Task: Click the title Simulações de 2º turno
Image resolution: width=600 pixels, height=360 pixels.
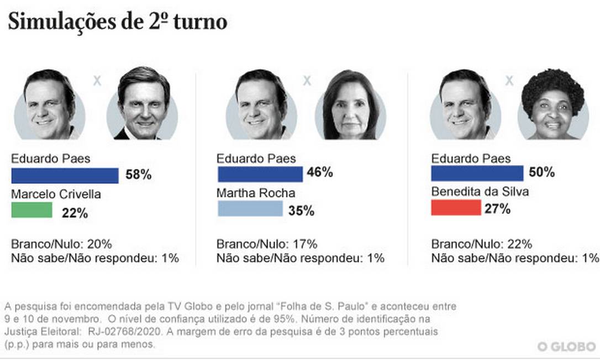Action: pyautogui.click(x=117, y=22)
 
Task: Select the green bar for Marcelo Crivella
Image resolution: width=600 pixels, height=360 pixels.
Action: pyautogui.click(x=31, y=210)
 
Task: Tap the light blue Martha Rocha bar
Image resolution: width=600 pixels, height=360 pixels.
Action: pyautogui.click(x=250, y=208)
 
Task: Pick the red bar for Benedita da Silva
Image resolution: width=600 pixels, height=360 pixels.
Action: pyautogui.click(x=456, y=208)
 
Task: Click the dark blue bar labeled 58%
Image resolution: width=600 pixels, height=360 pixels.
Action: pyautogui.click(x=65, y=176)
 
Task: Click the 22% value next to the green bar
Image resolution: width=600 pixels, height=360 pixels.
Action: pyautogui.click(x=75, y=213)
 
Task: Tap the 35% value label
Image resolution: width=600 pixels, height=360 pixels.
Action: pyautogui.click(x=301, y=210)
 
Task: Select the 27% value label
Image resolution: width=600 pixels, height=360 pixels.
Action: pyautogui.click(x=498, y=209)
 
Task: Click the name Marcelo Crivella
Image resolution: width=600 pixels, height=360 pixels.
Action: pyautogui.click(x=56, y=194)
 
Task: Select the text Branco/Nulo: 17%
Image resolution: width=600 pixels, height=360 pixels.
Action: pyautogui.click(x=267, y=244)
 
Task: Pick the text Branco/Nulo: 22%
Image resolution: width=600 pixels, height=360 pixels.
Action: pyautogui.click(x=481, y=244)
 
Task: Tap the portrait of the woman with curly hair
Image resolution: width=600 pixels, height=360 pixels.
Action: pyautogui.click(x=552, y=105)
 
